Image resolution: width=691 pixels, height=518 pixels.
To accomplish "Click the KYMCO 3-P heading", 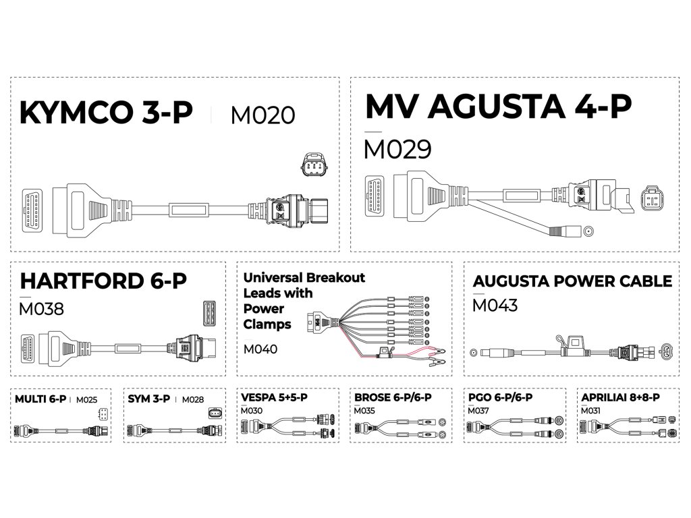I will click(x=106, y=113).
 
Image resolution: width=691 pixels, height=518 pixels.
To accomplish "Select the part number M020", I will click(x=262, y=115).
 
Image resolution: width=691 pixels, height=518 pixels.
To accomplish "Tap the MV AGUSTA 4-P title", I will click(x=498, y=106).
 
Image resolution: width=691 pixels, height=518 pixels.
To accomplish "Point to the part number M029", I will click(x=396, y=149).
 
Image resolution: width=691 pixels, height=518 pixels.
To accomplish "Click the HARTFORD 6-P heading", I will click(x=103, y=281).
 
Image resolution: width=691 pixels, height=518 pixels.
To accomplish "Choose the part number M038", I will click(x=42, y=309).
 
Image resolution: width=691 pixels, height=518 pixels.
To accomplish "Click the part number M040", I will click(x=260, y=349).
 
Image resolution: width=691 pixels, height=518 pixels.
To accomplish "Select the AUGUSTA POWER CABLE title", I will click(x=572, y=281).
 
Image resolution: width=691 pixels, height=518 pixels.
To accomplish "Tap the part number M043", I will click(x=495, y=306).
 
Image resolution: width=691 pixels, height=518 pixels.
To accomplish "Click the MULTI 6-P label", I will click(x=40, y=399).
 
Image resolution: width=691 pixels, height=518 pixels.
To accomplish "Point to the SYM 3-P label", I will click(x=150, y=399).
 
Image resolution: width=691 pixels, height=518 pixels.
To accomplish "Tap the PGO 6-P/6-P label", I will click(x=500, y=397).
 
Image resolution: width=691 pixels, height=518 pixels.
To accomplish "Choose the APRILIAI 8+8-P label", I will click(x=620, y=397).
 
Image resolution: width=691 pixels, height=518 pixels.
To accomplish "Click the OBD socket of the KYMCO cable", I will click(x=32, y=210).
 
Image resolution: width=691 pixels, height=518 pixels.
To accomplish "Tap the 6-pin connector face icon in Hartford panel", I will click(x=209, y=314).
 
